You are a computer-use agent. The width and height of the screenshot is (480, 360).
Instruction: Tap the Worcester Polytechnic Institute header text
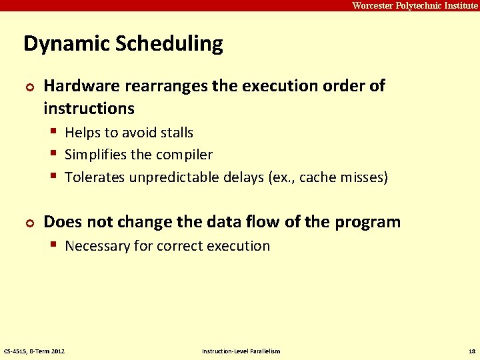415,5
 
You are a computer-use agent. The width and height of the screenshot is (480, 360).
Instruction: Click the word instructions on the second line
89,108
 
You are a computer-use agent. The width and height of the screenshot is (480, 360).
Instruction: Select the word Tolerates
94,177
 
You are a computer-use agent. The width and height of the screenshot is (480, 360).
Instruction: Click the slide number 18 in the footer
472,351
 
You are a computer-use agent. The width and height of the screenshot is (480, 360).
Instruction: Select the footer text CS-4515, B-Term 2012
35,351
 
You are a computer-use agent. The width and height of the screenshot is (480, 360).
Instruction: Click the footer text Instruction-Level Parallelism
241,351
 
